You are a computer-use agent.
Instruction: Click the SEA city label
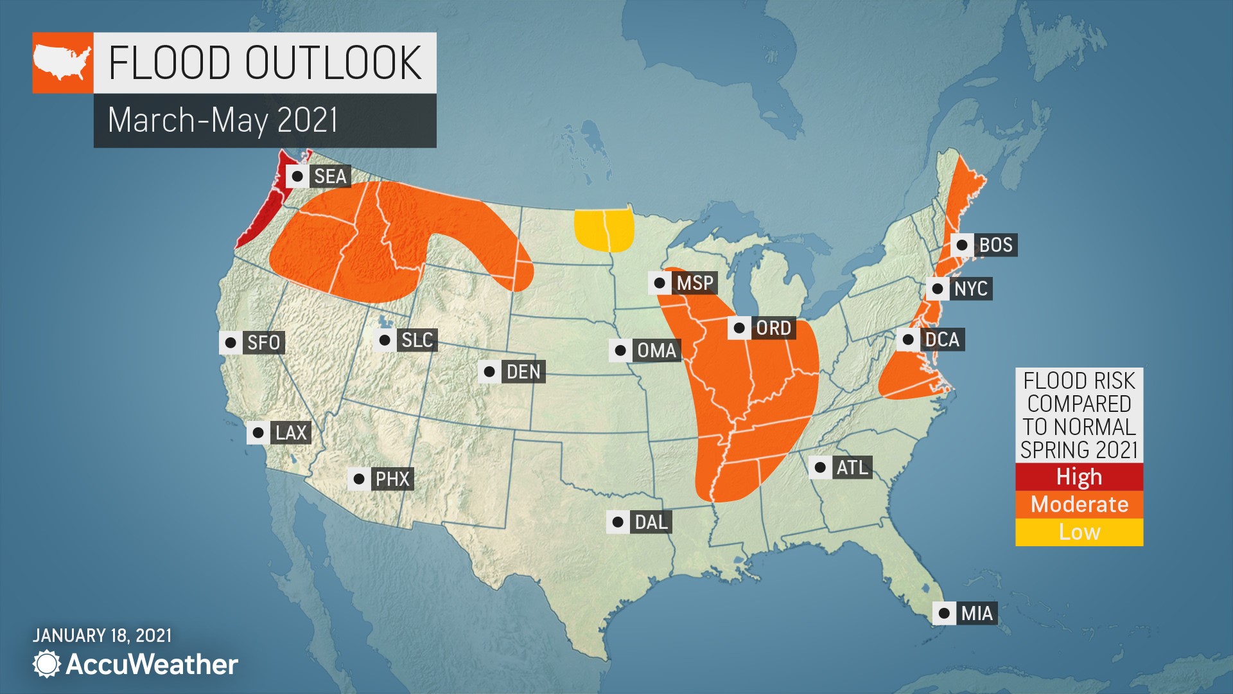click(330, 176)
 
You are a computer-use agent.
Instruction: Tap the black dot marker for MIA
click(944, 613)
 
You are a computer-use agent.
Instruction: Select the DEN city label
click(523, 371)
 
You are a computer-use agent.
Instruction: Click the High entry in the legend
click(1079, 477)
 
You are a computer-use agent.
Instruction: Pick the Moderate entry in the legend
click(1079, 504)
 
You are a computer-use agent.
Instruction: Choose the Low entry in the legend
click(1079, 532)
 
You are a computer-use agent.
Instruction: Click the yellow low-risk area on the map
click(604, 230)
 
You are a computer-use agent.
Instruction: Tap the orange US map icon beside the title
click(63, 63)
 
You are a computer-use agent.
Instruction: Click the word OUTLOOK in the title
click(333, 63)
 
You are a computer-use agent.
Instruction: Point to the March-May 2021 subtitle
click(223, 120)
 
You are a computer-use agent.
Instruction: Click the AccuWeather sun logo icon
click(46, 664)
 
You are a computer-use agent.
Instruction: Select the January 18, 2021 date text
click(102, 636)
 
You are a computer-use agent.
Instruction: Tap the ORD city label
click(773, 328)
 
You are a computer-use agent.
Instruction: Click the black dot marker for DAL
click(618, 522)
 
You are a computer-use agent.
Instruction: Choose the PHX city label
click(392, 479)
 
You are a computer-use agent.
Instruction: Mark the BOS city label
click(995, 245)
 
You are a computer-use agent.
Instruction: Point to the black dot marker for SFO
click(231, 343)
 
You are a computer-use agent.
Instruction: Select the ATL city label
click(852, 467)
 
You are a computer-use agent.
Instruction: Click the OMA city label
click(656, 350)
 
